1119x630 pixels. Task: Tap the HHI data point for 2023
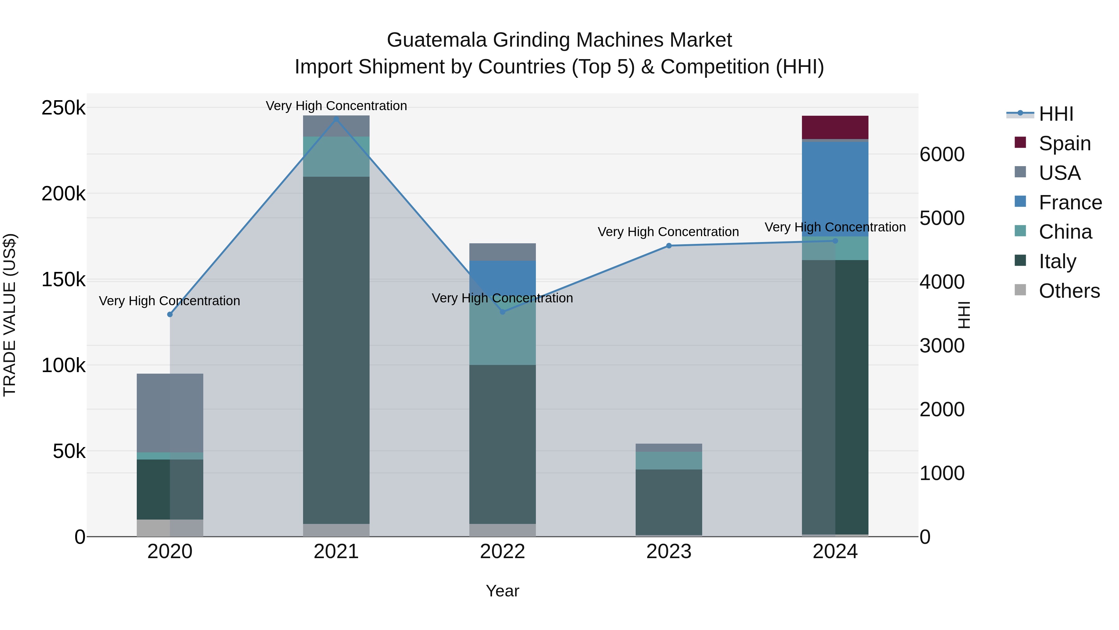click(669, 246)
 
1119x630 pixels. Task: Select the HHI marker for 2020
click(170, 314)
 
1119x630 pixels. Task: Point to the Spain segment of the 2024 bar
click(835, 127)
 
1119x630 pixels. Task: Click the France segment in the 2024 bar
click(835, 189)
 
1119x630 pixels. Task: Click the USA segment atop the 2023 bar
click(669, 447)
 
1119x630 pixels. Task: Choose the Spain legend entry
click(1064, 143)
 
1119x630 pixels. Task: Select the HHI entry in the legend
click(1056, 114)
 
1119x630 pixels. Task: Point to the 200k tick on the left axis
click(63, 194)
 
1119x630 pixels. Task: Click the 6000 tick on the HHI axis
click(942, 154)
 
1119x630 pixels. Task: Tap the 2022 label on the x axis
click(503, 551)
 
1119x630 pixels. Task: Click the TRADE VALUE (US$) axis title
click(10, 315)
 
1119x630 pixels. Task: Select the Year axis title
click(503, 591)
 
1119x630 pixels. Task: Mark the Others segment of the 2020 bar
click(170, 528)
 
